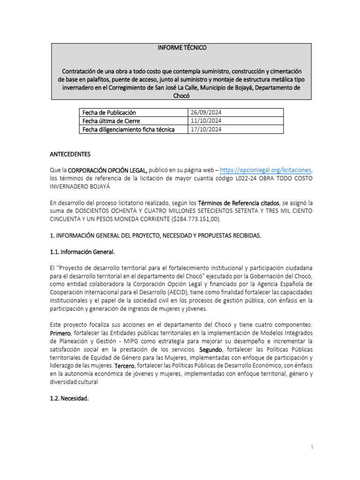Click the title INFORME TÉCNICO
[181, 48]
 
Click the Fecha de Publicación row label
[109, 112]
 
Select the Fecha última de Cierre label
[111, 121]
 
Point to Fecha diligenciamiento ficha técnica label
[128, 129]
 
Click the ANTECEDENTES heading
[70, 154]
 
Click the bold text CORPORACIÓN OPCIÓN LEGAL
[108, 170]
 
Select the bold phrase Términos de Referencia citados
[239, 203]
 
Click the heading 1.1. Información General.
[82, 252]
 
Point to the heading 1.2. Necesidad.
[69, 398]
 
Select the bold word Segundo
[211, 350]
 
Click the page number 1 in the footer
[311, 448]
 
